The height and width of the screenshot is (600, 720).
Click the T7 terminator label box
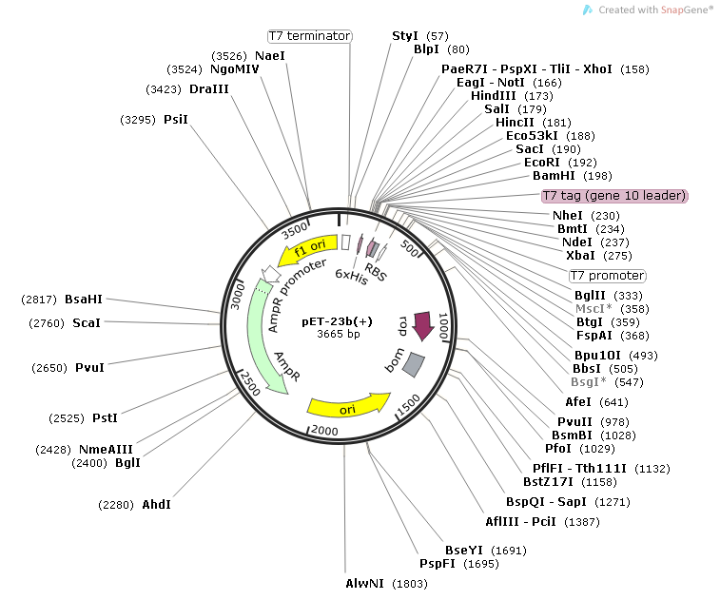tap(309, 36)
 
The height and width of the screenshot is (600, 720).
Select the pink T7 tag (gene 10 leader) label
tap(613, 196)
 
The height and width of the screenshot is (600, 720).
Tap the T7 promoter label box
tap(607, 276)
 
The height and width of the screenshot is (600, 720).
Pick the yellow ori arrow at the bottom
tap(348, 406)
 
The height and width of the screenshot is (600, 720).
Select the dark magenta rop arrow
tap(421, 326)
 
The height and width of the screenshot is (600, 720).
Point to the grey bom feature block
tap(414, 362)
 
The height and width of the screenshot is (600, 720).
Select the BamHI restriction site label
tap(550, 176)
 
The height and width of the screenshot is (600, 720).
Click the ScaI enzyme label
tap(86, 323)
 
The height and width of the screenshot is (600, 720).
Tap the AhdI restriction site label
tap(156, 503)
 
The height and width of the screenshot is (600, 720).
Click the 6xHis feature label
tap(351, 278)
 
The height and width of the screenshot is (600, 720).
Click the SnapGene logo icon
tap(589, 9)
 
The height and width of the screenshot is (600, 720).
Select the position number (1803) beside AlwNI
tap(411, 582)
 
